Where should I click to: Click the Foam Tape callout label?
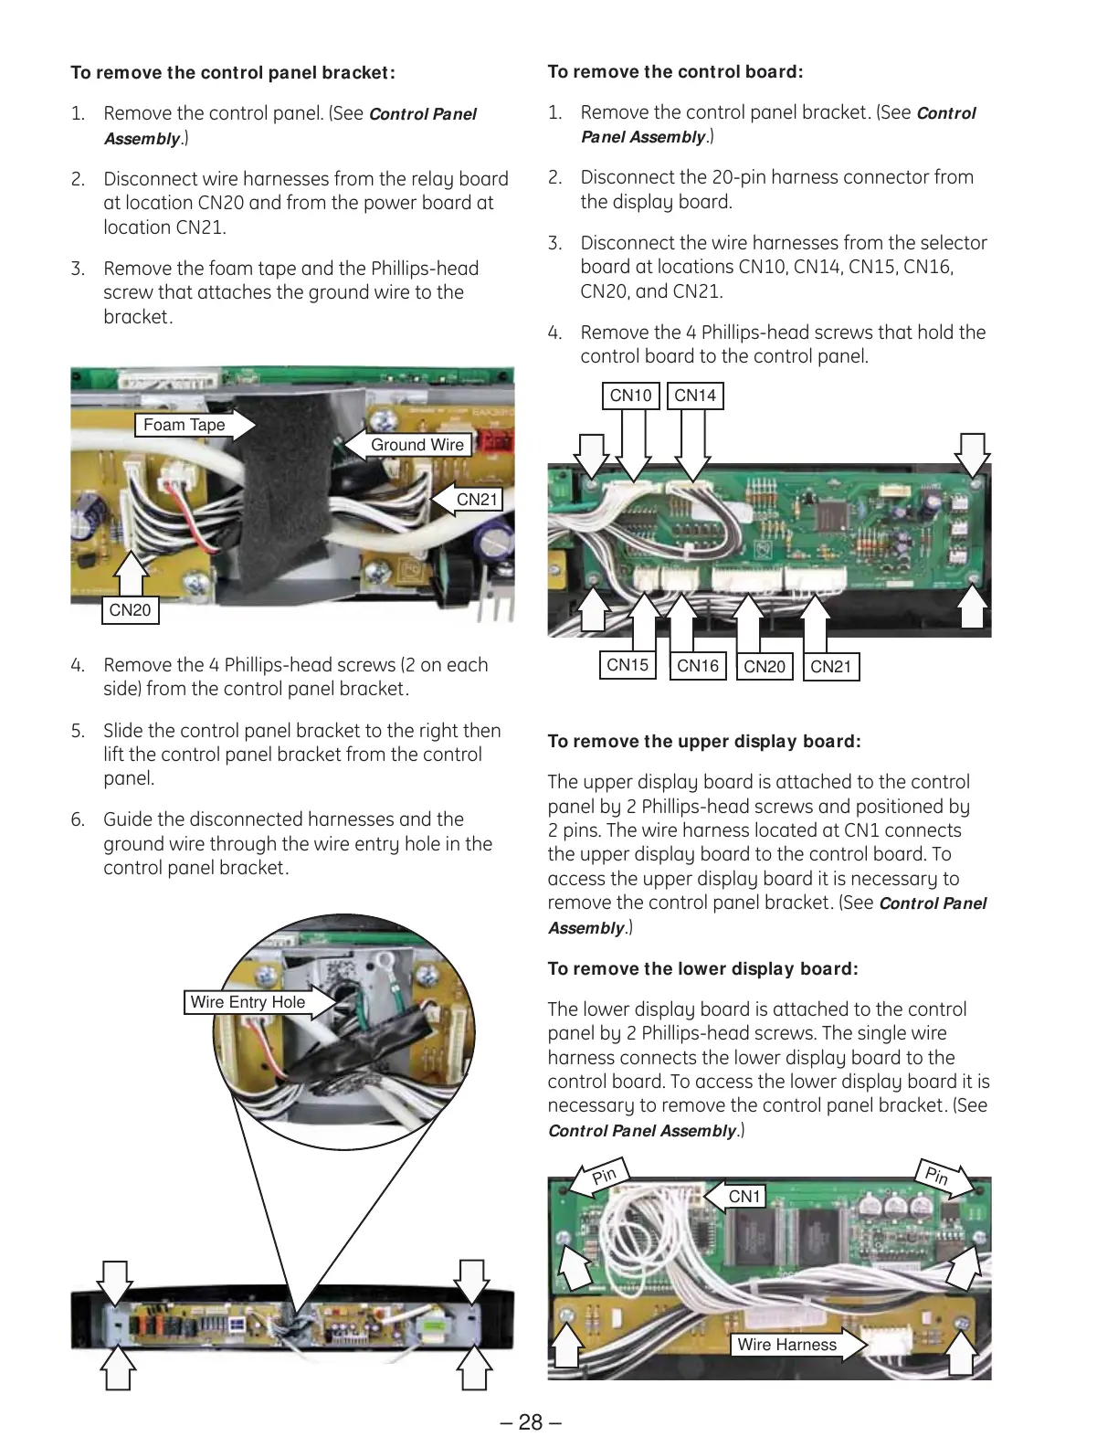point(185,425)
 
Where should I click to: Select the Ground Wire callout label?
point(417,445)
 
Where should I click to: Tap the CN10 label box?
point(630,396)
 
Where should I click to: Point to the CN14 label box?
point(695,396)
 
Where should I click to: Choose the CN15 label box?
point(628,665)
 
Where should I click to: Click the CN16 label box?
point(698,666)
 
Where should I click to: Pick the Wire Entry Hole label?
point(248,1002)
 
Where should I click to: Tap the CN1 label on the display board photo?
point(744,1197)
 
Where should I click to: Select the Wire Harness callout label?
point(786,1345)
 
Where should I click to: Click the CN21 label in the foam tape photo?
point(477,500)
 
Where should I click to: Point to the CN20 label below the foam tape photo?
point(130,610)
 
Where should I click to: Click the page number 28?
point(531,1422)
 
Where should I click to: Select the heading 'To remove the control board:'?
point(675,72)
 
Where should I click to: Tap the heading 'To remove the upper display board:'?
point(703,742)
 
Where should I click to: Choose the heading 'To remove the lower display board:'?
point(702,969)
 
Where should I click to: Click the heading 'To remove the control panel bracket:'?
point(233,73)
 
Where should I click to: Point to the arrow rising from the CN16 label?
point(680,622)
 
